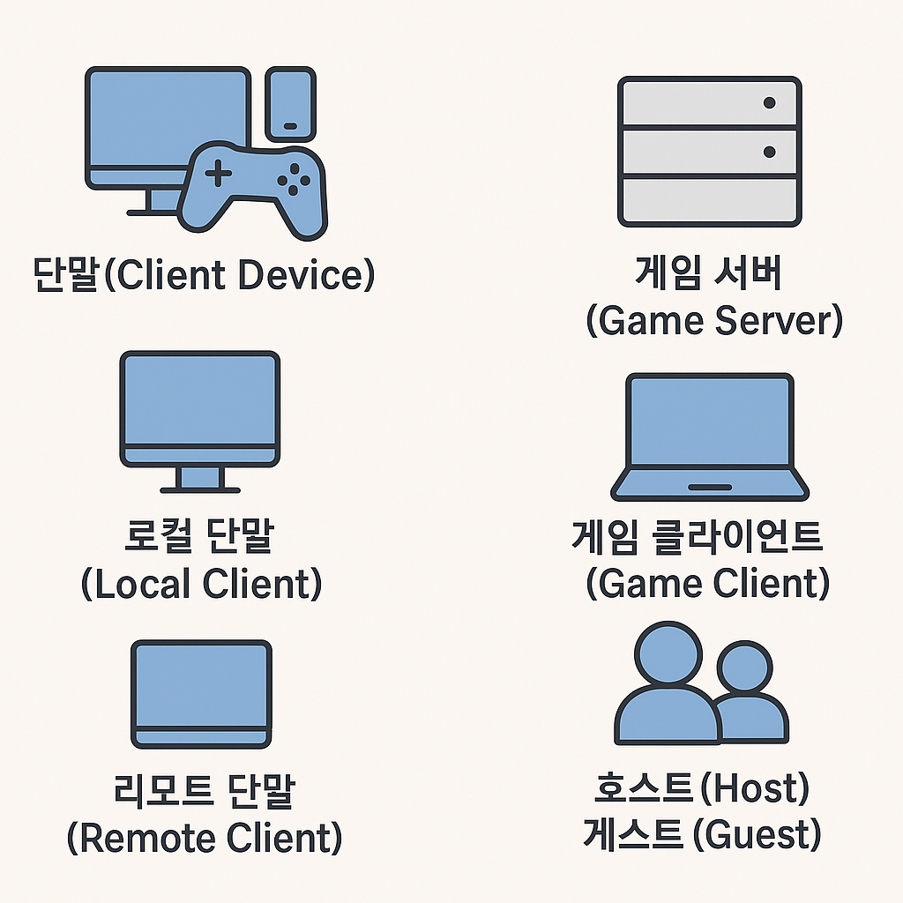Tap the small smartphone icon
coord(290,102)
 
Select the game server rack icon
coord(709,152)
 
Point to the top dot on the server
coord(769,103)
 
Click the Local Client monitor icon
coord(200,410)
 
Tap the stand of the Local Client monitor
coord(200,479)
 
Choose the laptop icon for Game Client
coord(709,437)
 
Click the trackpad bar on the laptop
coord(709,487)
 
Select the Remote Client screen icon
coord(201,693)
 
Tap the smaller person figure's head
coord(744,668)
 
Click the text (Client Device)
coord(240,276)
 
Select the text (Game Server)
coord(714,320)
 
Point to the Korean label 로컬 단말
coord(199,538)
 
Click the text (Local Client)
coord(201,584)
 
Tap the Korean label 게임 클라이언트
coord(697,536)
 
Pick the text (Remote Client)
coord(204,837)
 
